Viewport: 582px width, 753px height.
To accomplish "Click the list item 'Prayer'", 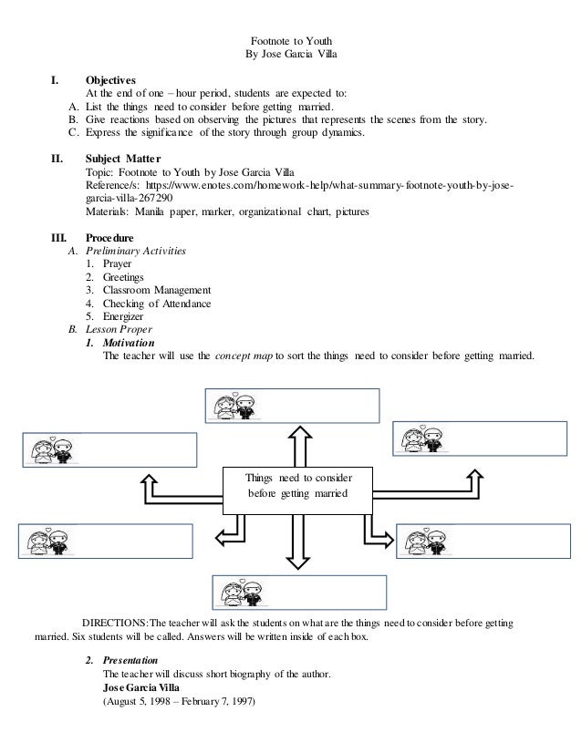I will click(x=118, y=263).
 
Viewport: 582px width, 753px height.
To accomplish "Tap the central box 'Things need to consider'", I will click(x=297, y=486).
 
